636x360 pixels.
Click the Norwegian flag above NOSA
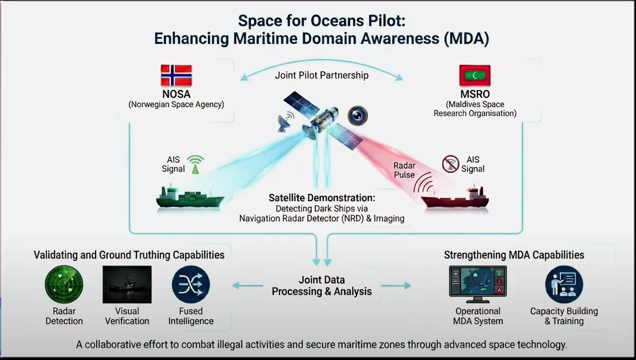[176, 75]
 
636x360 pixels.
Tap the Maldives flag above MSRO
[475, 75]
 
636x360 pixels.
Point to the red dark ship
[455, 198]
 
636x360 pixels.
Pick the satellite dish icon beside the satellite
[285, 121]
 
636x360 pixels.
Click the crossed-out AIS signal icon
[450, 164]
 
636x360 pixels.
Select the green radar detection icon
[64, 284]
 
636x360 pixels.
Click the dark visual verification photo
[127, 284]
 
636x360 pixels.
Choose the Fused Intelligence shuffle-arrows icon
[191, 284]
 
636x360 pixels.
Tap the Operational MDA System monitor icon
[478, 284]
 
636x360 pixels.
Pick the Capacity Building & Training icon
[564, 284]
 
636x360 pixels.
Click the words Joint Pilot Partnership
[322, 75]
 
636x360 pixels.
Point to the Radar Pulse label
[404, 170]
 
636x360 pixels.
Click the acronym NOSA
[176, 94]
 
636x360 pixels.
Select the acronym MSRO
[475, 94]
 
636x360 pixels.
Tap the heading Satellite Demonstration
[322, 198]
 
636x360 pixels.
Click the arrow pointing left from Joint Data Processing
[247, 286]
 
